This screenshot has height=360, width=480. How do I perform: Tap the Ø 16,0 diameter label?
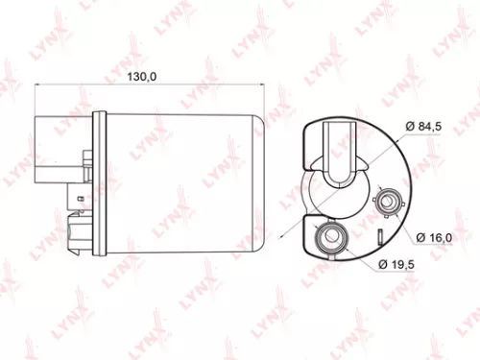pyautogui.click(x=436, y=236)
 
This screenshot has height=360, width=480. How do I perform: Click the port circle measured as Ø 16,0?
pyautogui.click(x=390, y=203)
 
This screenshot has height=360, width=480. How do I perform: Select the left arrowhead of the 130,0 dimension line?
pyautogui.click(x=39, y=85)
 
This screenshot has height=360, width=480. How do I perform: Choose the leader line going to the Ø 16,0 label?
pyautogui.click(x=407, y=222)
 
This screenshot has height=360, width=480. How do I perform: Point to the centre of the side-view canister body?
pyautogui.click(x=182, y=182)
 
